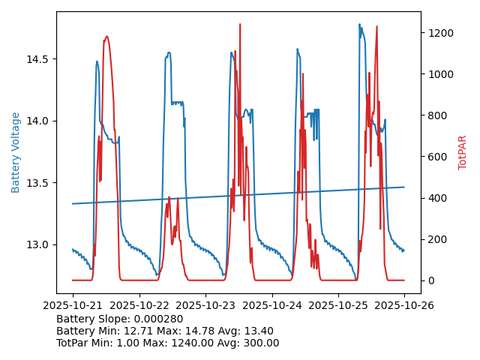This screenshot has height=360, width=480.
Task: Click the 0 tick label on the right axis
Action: pos(451,280)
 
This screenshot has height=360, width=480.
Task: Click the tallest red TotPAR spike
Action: pos(240,24)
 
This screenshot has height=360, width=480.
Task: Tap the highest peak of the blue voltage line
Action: pos(359,24)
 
